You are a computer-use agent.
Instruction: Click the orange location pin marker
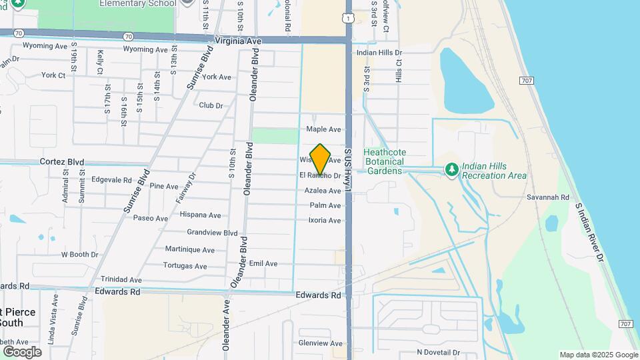pyautogui.click(x=320, y=159)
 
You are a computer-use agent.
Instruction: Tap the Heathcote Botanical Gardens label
pyautogui.click(x=383, y=161)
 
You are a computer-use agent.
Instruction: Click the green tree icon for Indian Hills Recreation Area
pyautogui.click(x=451, y=171)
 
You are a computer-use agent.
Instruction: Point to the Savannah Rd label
pyautogui.click(x=547, y=198)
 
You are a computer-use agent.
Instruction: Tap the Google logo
pyautogui.click(x=22, y=351)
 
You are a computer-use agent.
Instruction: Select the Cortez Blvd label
pyautogui.click(x=62, y=162)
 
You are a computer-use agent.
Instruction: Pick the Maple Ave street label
pyautogui.click(x=323, y=129)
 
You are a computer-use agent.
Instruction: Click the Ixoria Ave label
pyautogui.click(x=325, y=221)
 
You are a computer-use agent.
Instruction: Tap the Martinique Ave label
pyautogui.click(x=191, y=250)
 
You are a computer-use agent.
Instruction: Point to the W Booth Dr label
pyautogui.click(x=79, y=255)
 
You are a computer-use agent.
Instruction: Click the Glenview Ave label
pyautogui.click(x=320, y=343)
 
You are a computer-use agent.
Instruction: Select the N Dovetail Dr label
pyautogui.click(x=438, y=352)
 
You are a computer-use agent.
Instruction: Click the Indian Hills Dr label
pyautogui.click(x=379, y=53)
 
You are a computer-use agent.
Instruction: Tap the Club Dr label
pyautogui.click(x=211, y=105)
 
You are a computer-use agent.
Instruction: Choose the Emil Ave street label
pyautogui.click(x=263, y=264)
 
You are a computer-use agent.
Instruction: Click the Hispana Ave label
pyautogui.click(x=200, y=215)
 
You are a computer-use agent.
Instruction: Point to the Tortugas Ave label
pyautogui.click(x=185, y=265)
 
